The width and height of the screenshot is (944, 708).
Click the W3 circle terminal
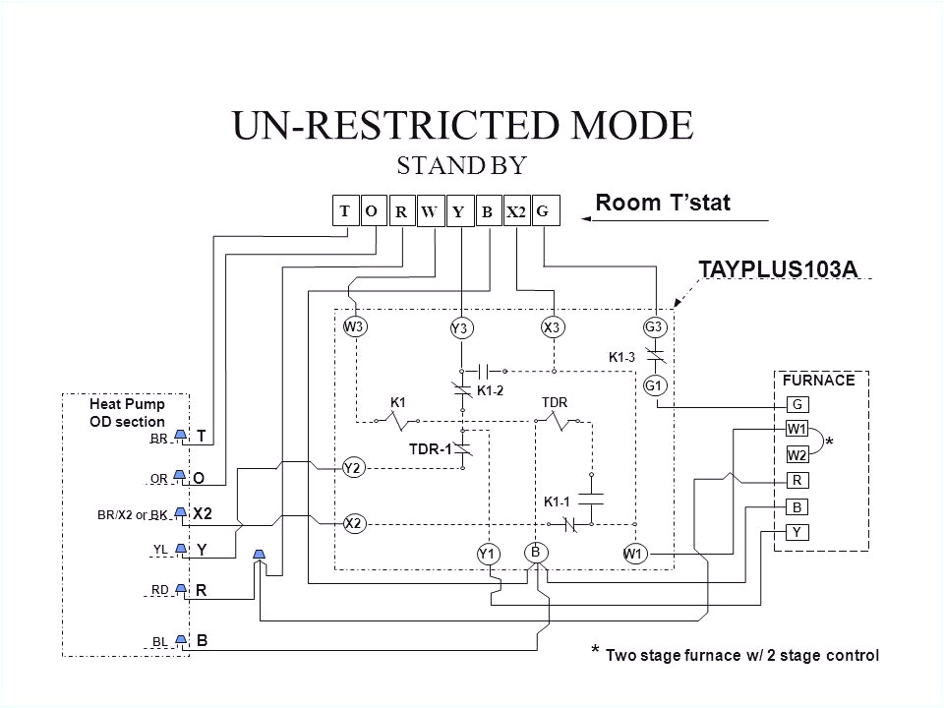pos(353,326)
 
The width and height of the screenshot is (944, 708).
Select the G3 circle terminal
pos(655,326)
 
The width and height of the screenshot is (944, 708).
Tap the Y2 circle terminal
pos(353,469)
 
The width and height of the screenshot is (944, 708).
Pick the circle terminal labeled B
pos(536,552)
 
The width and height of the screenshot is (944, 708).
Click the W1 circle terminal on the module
pos(633,555)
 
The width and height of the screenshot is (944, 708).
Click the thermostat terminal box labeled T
pos(345,211)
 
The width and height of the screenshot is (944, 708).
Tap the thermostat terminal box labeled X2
pos(516,211)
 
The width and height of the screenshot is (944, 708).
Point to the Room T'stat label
pos(663,203)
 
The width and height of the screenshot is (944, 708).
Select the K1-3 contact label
pos(620,357)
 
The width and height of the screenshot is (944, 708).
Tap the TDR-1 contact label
pos(429,449)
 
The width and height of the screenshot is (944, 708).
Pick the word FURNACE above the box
pos(811,379)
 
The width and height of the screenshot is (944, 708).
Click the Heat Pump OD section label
pos(128,412)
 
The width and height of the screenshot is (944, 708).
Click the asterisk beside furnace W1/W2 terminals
pos(830,443)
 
